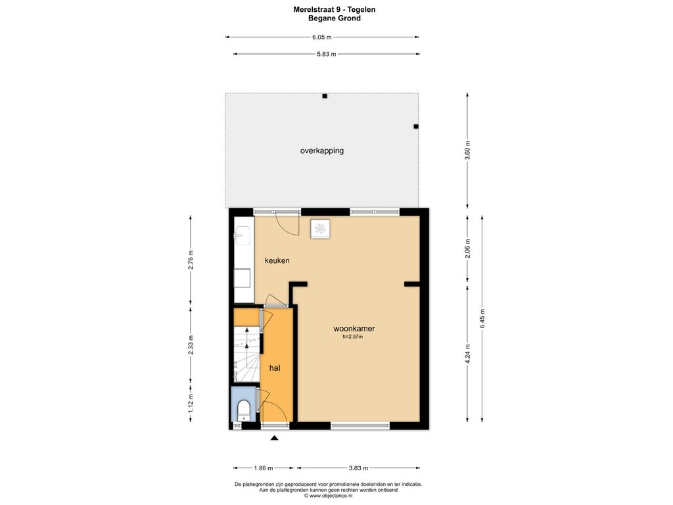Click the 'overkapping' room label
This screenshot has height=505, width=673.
coord(322,151)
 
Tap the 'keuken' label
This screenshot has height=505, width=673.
coord(277,260)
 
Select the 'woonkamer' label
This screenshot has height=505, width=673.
coord(354,329)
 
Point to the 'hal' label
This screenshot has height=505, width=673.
coord(275,368)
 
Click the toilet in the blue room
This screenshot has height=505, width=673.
coord(243,410)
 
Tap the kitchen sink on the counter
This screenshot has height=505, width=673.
coord(241,235)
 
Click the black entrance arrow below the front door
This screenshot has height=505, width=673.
coord(275,438)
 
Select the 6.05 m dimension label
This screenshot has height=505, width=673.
coord(322,37)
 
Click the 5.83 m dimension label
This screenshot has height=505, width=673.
coord(326,54)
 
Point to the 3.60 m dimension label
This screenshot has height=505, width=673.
coord(468,151)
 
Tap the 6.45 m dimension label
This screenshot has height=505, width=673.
coord(482,319)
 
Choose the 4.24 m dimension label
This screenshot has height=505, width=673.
coord(468,354)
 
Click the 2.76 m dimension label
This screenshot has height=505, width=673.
coord(191,259)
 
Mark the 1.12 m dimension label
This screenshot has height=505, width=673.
coord(191,403)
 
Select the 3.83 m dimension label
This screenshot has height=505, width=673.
coord(358,468)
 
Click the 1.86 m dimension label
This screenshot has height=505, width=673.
coord(264,468)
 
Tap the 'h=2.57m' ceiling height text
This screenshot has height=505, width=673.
coord(352,337)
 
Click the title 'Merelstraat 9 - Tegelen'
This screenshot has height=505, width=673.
coord(335,9)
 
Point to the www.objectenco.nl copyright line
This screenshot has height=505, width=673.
coord(329,495)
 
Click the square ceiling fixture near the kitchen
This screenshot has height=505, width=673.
coord(320,228)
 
